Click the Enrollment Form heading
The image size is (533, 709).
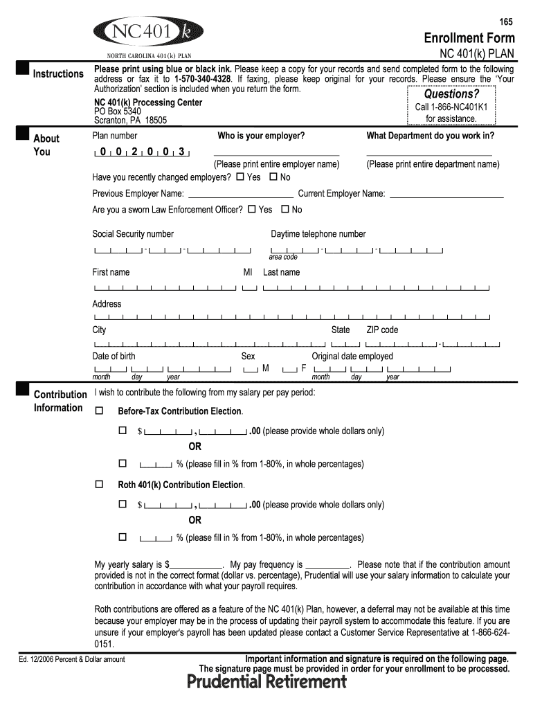coord(469,37)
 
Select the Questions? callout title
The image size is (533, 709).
coord(451,94)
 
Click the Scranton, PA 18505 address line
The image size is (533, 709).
coord(130,120)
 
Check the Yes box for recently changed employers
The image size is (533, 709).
coord(240,177)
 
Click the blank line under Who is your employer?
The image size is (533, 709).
coord(277,154)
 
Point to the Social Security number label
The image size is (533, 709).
coord(133,234)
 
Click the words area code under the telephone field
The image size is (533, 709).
coord(283,257)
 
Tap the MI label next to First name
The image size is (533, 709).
coord(248,273)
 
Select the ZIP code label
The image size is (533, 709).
coord(382,330)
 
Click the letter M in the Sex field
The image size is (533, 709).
coord(266,368)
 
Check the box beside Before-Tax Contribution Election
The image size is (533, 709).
coord(98,411)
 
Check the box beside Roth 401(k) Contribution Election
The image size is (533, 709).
coord(98,485)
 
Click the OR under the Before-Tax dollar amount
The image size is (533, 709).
coord(195,447)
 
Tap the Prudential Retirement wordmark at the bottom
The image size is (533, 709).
coord(266,683)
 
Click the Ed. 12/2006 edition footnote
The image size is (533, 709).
coord(72,659)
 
